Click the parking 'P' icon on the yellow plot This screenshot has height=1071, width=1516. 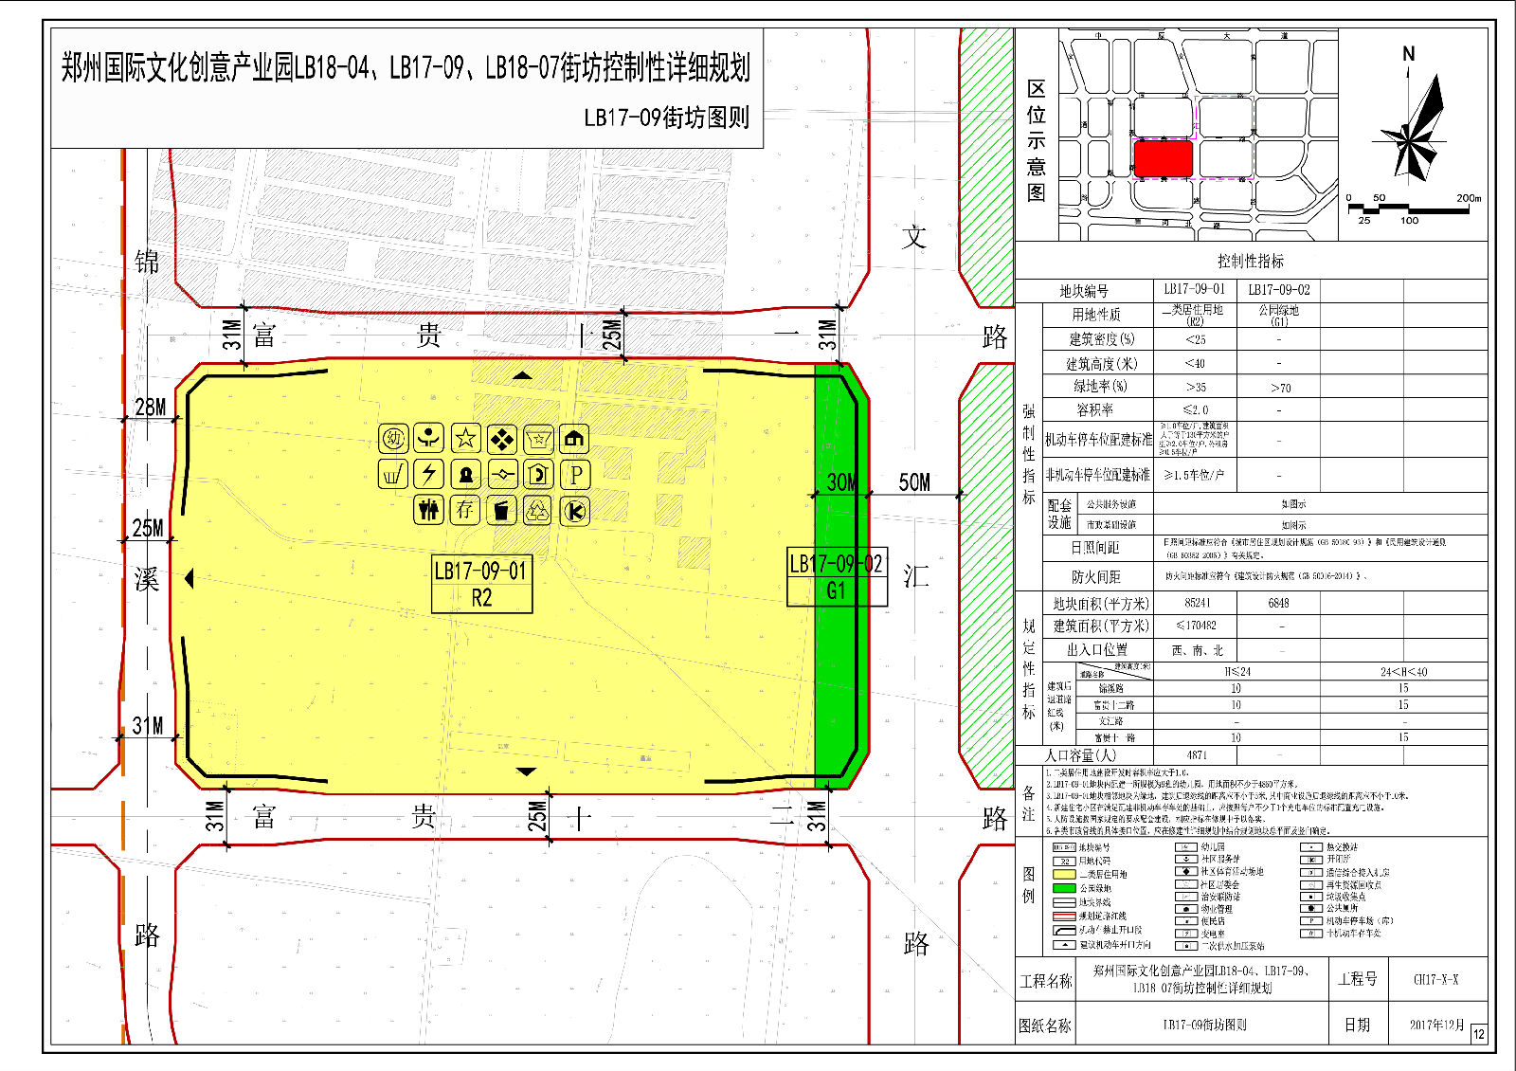[575, 474]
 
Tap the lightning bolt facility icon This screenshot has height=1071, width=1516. [429, 474]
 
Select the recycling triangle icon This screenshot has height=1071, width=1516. [538, 511]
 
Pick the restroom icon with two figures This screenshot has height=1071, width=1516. [429, 511]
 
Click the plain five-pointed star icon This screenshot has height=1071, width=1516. [465, 438]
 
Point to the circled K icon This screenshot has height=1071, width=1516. [574, 511]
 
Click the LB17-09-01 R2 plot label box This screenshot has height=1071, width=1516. [481, 583]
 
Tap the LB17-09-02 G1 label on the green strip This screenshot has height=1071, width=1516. [837, 576]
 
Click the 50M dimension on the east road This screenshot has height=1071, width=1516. [914, 482]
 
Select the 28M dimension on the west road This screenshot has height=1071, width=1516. [150, 407]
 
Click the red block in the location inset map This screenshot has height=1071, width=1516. [1163, 157]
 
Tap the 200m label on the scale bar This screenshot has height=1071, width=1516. [1468, 198]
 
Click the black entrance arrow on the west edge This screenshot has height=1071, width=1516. [189, 577]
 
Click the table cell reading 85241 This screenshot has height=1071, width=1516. [1197, 603]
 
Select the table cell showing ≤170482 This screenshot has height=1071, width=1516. [1196, 626]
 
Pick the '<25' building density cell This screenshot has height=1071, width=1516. [1196, 339]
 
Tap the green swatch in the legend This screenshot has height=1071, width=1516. [1064, 888]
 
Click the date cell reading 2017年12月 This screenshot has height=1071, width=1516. [1435, 1025]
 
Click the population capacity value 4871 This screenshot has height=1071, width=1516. [1196, 755]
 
